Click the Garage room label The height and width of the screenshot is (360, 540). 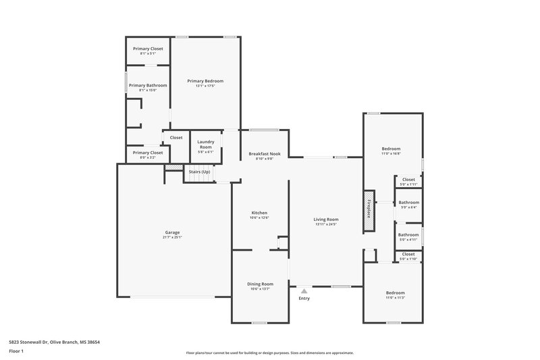click(x=172, y=232)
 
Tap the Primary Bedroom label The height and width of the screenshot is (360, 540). click(x=205, y=81)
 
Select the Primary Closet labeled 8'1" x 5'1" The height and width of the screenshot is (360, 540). click(x=147, y=49)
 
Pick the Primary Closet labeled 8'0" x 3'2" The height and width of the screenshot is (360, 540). click(x=147, y=153)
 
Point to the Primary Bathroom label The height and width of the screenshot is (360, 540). click(x=147, y=86)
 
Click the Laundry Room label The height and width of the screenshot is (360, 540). click(x=205, y=145)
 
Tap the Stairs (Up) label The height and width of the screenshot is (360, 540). click(x=200, y=172)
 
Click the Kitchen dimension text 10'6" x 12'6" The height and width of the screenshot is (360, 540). click(x=260, y=217)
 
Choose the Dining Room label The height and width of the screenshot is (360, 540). click(x=260, y=284)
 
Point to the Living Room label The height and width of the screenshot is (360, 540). click(x=325, y=220)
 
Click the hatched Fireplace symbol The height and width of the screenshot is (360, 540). click(x=369, y=207)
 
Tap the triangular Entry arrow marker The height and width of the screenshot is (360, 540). click(x=304, y=290)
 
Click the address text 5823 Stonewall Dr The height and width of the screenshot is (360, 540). click(x=38, y=342)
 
